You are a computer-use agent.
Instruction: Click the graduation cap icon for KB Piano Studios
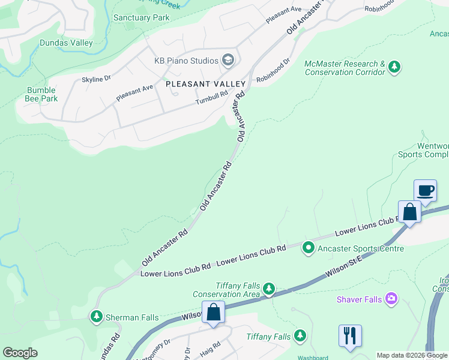coord(228,60)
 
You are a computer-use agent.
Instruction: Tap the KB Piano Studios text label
coord(186,61)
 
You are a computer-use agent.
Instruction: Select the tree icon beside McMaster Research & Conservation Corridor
coord(394,67)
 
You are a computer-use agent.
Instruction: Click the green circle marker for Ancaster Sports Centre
coord(309,247)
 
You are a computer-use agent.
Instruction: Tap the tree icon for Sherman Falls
coord(96,316)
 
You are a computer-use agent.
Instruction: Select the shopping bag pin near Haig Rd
coord(213,313)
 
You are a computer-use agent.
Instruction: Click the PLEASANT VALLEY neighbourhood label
coord(206,83)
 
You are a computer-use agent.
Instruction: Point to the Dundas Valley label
coord(66,43)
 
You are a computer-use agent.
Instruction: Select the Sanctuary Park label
coord(141,18)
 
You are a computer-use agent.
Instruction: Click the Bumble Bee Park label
coord(41,94)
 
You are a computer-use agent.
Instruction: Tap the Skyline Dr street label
coord(96,79)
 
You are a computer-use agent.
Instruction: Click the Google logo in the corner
coord(20,353)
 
